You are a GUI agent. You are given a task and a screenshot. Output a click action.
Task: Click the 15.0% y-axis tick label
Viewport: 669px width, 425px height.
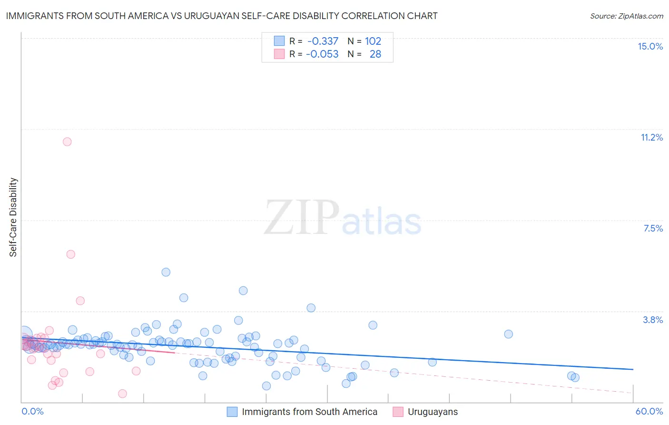pos(650,46)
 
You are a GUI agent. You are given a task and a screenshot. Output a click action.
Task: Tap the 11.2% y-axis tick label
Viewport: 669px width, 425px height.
pos(651,137)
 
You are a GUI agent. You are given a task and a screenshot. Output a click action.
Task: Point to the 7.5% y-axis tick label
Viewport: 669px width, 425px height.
pos(653,228)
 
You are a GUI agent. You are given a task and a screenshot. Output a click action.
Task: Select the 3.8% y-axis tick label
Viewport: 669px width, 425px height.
pos(653,320)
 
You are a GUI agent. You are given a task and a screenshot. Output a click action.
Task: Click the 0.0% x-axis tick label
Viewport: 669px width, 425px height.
pos(33,411)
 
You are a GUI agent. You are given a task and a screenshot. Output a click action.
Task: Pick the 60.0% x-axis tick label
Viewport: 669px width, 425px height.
pos(649,411)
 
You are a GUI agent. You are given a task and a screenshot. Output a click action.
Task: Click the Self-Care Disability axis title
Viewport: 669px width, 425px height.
pos(13,217)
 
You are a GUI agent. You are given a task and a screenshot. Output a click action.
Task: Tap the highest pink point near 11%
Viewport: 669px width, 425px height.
pos(67,142)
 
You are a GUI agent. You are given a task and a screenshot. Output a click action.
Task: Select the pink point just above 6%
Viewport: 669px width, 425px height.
pos(71,254)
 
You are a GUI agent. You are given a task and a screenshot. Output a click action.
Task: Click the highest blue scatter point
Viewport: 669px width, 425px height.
pos(166,272)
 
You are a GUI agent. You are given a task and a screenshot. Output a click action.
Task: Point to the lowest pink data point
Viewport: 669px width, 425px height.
pos(122,394)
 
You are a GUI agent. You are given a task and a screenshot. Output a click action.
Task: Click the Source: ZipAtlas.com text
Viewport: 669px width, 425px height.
pos(626,16)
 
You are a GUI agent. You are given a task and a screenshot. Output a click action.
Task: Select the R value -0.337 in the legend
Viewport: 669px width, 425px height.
pos(323,41)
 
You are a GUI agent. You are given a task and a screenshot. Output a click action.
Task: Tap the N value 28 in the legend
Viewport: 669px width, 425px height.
pos(375,54)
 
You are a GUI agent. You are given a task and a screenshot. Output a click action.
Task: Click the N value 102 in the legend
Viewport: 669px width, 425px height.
pos(373,41)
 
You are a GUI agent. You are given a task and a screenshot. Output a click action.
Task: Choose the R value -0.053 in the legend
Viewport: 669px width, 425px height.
pos(322,54)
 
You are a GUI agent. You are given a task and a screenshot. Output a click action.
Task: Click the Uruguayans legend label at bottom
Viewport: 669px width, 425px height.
pos(433,412)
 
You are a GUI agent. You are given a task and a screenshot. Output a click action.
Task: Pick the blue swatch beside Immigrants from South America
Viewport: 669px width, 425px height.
pos(232,412)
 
